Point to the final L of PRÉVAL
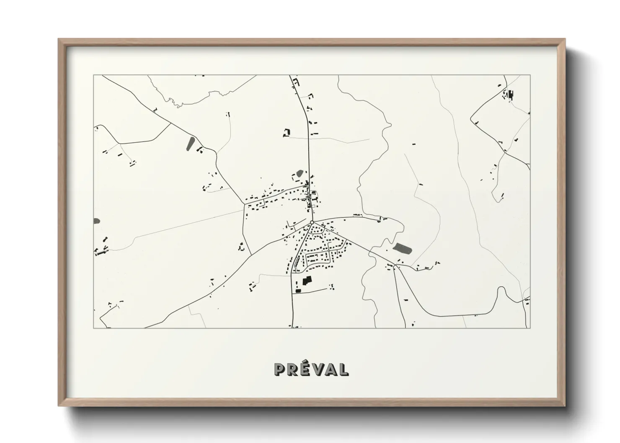tap(343, 369)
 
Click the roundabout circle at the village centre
tap(312, 222)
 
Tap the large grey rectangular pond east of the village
tap(403, 248)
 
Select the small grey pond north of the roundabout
tap(300, 173)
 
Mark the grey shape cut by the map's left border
tap(96, 221)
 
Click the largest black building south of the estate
tap(307, 281)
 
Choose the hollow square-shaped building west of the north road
tap(287, 133)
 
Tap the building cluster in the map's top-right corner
tap(509, 95)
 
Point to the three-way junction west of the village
tap(244, 205)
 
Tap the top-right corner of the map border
tap(530, 75)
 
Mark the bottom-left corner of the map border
tap(93, 328)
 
